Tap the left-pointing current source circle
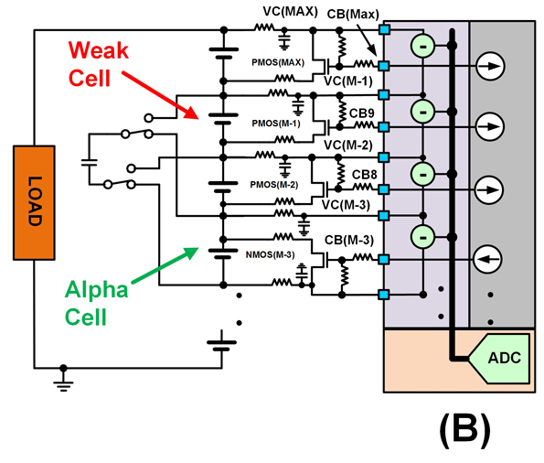[490, 260]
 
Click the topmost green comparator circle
[421, 44]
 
